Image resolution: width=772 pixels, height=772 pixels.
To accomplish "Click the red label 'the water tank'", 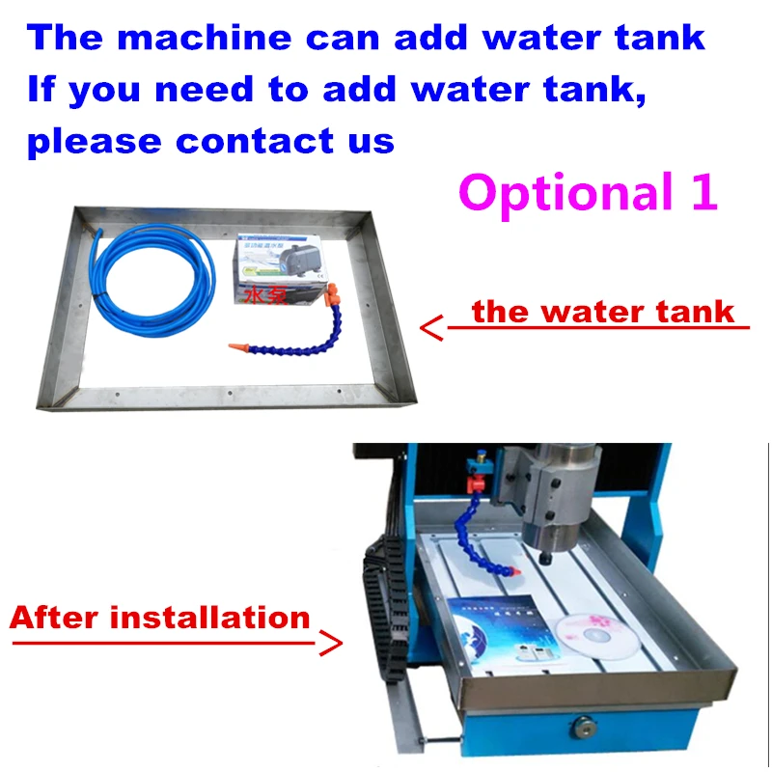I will pyautogui.click(x=603, y=312).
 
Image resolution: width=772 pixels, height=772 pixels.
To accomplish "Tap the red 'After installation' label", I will pyautogui.click(x=160, y=618).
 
